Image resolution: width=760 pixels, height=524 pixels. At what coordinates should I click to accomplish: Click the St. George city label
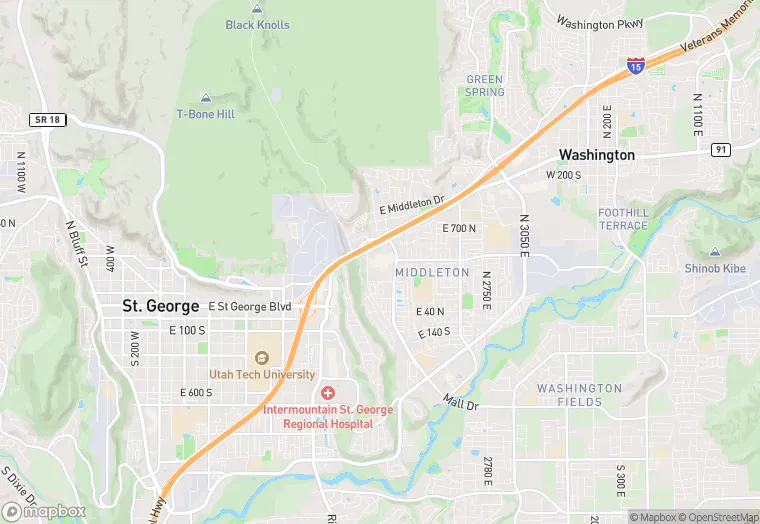[x=160, y=306]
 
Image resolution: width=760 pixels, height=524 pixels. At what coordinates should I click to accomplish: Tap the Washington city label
[x=596, y=155]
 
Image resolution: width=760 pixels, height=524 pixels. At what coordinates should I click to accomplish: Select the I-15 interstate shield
[x=636, y=64]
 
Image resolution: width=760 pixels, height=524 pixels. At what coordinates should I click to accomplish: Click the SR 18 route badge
[x=47, y=119]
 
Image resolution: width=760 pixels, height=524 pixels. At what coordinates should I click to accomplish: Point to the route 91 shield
[x=720, y=149]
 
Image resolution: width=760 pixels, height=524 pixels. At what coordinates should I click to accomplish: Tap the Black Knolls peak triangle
[x=257, y=8]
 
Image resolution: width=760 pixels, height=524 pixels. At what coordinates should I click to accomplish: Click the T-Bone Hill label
[x=206, y=114]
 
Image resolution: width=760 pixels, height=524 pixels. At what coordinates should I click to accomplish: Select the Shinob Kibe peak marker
[x=715, y=253]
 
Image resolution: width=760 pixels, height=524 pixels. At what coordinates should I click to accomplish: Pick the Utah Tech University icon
[x=261, y=358]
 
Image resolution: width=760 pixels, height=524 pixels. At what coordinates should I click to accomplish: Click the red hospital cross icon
[x=327, y=392]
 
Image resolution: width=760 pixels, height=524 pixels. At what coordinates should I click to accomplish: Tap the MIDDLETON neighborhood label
[x=432, y=272]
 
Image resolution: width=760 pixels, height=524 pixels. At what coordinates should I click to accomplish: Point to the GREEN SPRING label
[x=485, y=86]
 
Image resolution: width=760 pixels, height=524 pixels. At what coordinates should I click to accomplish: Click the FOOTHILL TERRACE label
[x=623, y=219]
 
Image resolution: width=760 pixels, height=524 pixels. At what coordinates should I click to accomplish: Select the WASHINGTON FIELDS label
[x=579, y=395]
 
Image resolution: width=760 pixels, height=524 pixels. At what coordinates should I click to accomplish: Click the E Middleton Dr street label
[x=411, y=204]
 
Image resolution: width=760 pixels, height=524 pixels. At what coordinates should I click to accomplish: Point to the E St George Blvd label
[x=250, y=306]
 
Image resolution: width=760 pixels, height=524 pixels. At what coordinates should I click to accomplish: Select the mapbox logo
[x=43, y=511]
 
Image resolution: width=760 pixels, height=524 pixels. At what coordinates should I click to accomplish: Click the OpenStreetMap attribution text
[x=719, y=517]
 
